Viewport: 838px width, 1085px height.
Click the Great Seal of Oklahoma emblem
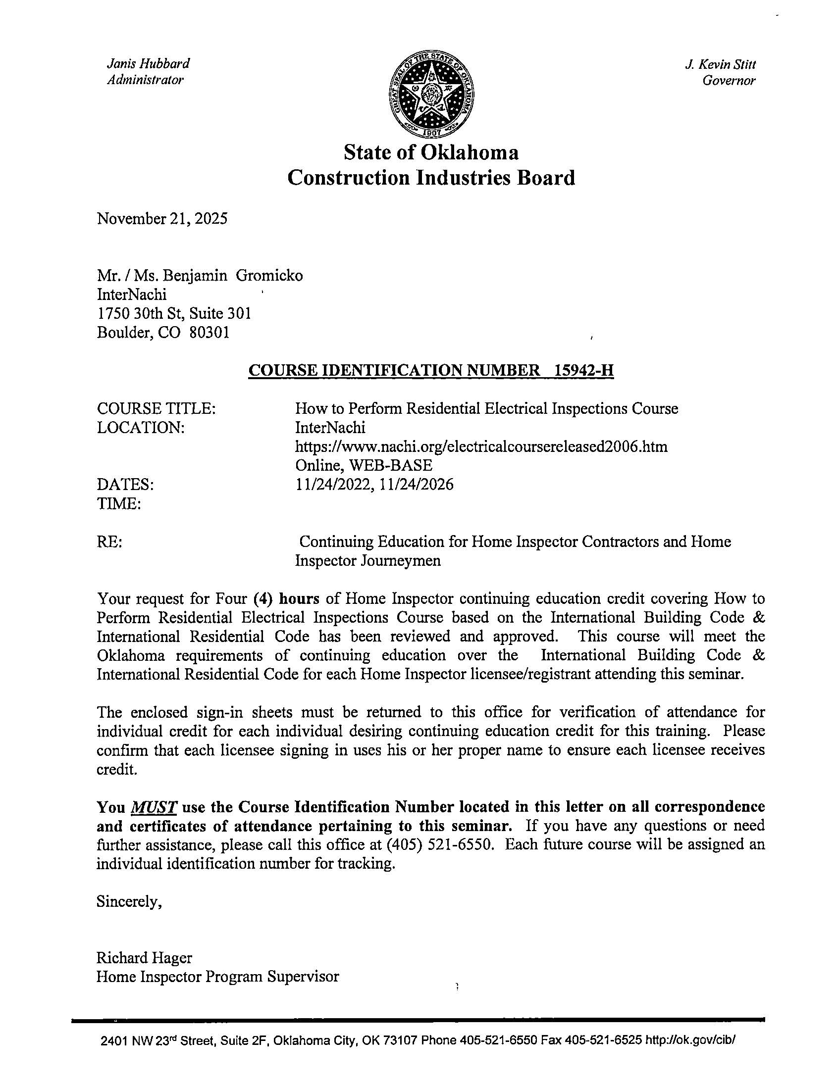[431, 94]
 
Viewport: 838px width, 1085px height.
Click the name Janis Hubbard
[148, 63]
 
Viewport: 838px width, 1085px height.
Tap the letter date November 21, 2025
[162, 219]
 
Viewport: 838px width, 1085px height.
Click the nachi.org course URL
[480, 446]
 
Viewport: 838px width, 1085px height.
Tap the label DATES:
[125, 485]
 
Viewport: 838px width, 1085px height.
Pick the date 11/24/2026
[416, 485]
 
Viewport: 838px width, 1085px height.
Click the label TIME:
[119, 504]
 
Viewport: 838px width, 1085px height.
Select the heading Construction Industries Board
[431, 178]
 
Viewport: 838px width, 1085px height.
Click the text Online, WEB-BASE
[364, 465]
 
